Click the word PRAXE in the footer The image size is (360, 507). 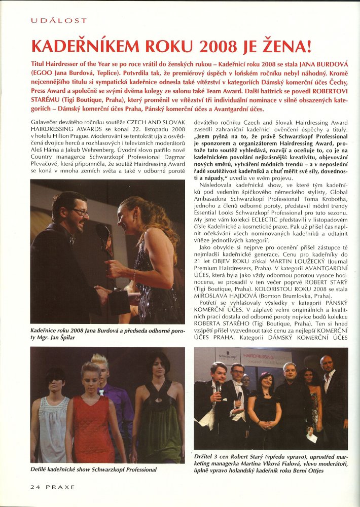[59, 487]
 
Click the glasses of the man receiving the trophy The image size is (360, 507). [79, 211]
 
